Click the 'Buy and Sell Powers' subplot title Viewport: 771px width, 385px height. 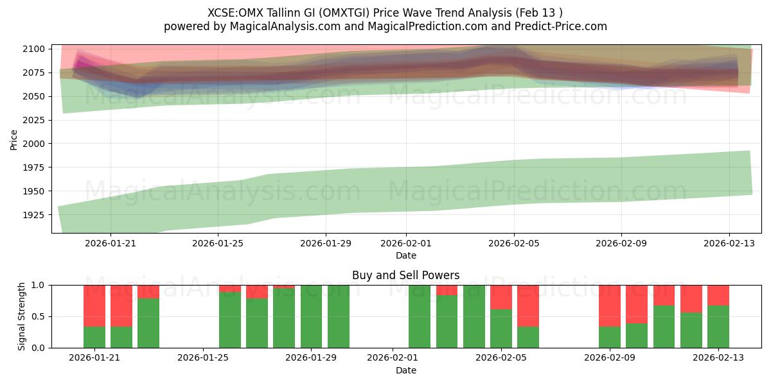click(405, 275)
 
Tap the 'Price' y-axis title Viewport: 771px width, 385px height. click(14, 139)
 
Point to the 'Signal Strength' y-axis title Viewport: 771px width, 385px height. click(21, 316)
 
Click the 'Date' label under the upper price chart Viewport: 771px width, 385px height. click(405, 255)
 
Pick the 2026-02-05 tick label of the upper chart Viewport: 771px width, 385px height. click(513, 243)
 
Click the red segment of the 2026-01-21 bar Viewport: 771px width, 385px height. click(94, 305)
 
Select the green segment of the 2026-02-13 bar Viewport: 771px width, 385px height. click(718, 327)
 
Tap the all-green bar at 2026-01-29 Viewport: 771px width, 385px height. click(311, 316)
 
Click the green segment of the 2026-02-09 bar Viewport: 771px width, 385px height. click(610, 337)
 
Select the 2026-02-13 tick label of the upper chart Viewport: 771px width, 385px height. click(729, 243)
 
